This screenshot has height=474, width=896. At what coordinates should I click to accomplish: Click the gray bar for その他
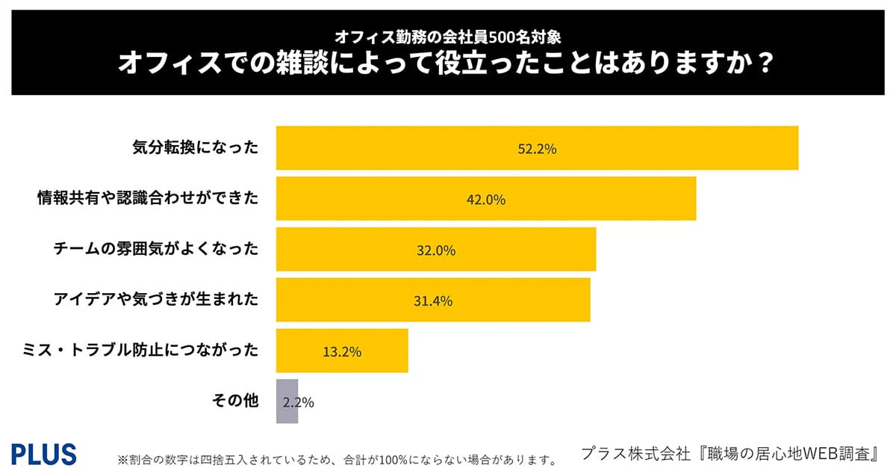[x=287, y=401]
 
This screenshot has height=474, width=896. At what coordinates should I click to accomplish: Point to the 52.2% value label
[x=537, y=149]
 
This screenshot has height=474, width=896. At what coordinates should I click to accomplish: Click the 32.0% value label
[x=436, y=250]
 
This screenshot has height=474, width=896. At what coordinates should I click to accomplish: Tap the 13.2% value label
[x=342, y=351]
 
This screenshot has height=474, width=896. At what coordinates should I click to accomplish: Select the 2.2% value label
[x=299, y=402]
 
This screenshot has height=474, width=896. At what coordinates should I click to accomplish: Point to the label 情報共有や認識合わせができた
[x=148, y=198]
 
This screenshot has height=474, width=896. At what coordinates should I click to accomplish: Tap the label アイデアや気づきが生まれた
[x=156, y=299]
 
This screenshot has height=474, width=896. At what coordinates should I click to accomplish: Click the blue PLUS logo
[x=44, y=454]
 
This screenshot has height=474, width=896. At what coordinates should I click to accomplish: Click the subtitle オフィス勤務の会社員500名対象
[x=448, y=36]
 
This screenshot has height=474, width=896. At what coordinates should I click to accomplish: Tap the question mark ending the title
[x=763, y=64]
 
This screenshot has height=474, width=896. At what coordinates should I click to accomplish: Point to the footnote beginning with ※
[x=337, y=459]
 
